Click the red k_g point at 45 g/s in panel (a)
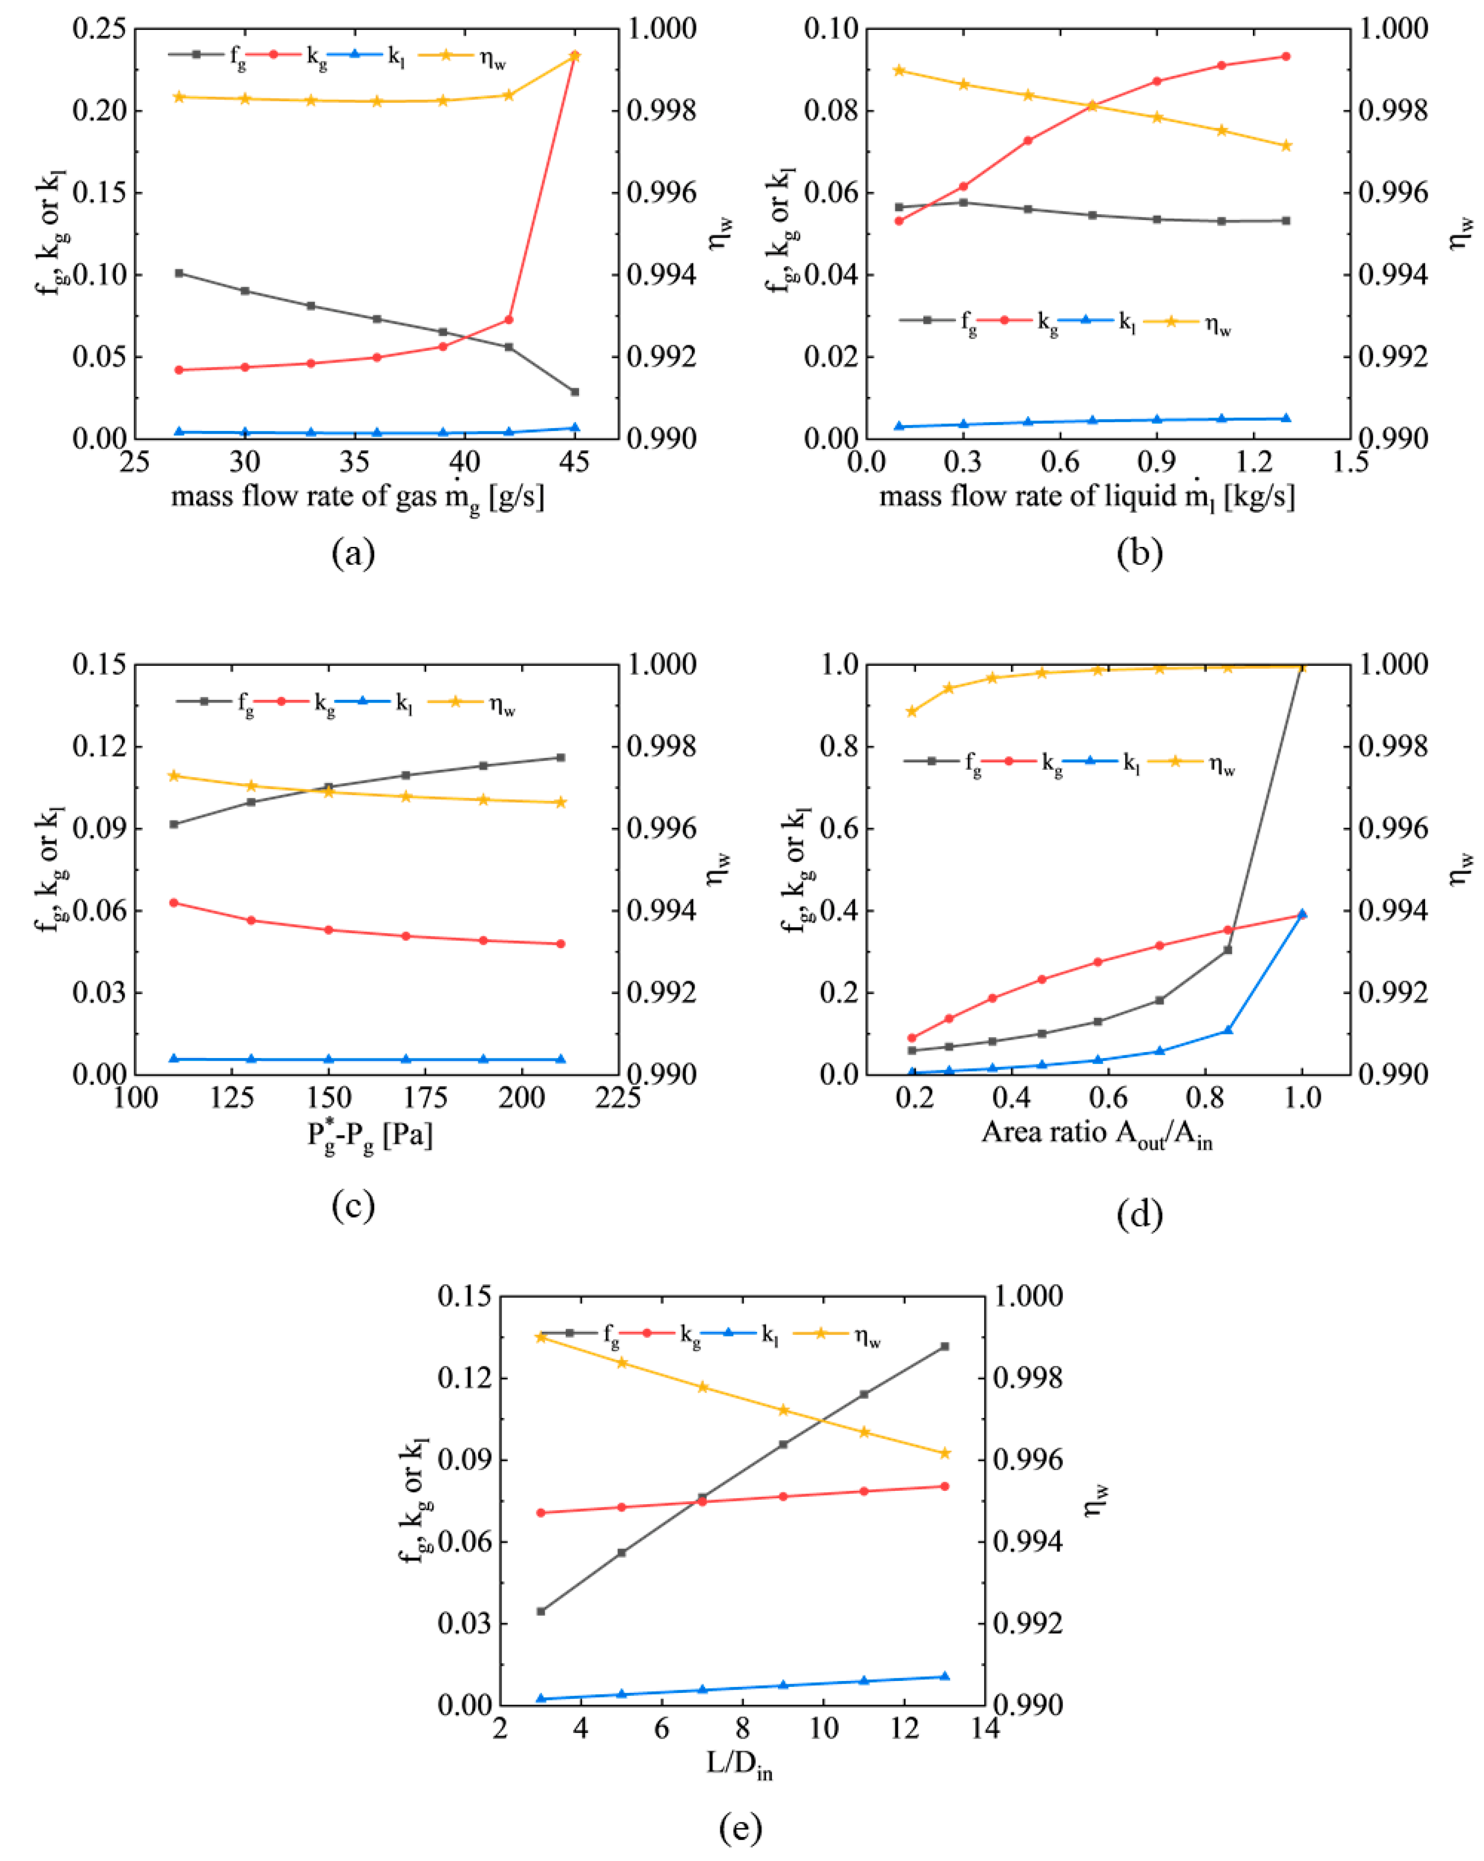[x=574, y=56]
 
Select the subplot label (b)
[x=1139, y=552]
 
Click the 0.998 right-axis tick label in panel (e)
[x=1027, y=1378]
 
